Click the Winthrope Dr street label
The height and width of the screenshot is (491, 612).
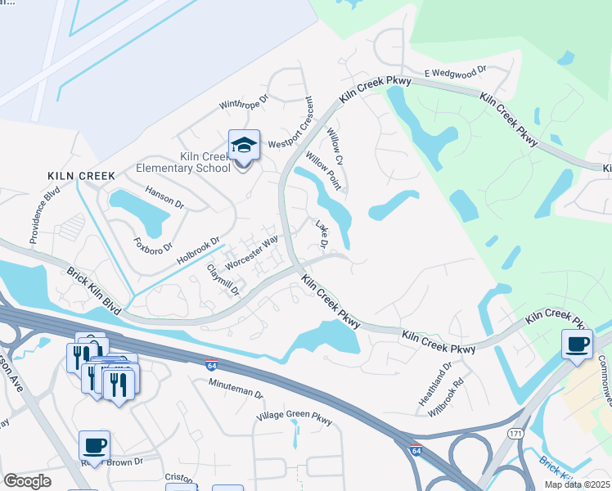pyautogui.click(x=244, y=102)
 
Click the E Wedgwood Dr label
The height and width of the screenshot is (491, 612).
pyautogui.click(x=456, y=73)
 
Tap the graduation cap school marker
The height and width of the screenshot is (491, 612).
pyautogui.click(x=244, y=146)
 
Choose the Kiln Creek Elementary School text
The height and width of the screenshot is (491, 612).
pyautogui.click(x=182, y=163)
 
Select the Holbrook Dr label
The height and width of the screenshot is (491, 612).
pyautogui.click(x=199, y=250)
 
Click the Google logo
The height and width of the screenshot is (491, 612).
pyautogui.click(x=28, y=481)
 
